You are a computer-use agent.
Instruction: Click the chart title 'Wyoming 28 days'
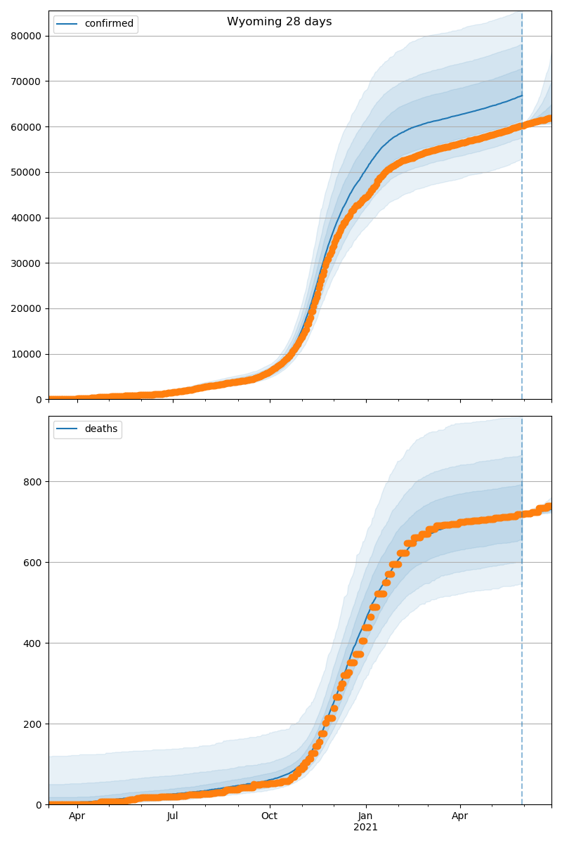pos(279,22)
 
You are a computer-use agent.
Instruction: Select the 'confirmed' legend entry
pos(108,24)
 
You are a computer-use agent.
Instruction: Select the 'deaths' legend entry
pos(100,429)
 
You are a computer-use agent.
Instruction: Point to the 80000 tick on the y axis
pos(28,36)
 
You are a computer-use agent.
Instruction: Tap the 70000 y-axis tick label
pos(28,81)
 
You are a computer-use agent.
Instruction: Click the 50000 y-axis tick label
pos(28,172)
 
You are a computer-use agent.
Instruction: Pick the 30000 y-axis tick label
pos(28,263)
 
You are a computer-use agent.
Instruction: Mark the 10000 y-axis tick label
pos(28,354)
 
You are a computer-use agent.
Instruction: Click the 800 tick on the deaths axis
pos(34,482)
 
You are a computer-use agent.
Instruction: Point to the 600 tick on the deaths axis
pos(34,563)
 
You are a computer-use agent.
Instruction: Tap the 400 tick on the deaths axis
pos(34,643)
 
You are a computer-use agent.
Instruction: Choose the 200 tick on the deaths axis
pos(34,724)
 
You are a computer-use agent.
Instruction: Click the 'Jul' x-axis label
pos(173,816)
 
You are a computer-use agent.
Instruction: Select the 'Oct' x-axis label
pos(269,816)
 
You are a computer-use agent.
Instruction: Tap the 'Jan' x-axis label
pos(365,816)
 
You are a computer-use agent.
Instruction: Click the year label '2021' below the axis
pos(365,827)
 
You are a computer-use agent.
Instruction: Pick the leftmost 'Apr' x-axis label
pos(77,816)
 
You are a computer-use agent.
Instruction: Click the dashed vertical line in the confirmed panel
pos(522,211)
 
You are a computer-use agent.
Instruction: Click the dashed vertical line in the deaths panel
pos(522,632)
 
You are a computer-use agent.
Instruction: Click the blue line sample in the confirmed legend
pos(67,24)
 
